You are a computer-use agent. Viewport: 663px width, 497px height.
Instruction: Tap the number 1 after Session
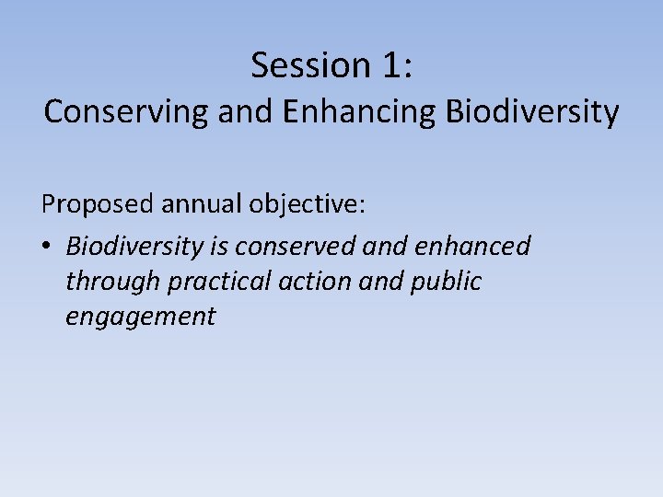(x=390, y=65)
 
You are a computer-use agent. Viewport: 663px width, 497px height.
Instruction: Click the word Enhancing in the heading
(x=361, y=111)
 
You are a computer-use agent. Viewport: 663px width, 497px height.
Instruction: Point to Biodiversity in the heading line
(x=531, y=111)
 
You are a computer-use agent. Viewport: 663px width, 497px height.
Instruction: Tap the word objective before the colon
(x=294, y=205)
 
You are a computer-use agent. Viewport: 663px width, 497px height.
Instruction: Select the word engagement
(x=140, y=318)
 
